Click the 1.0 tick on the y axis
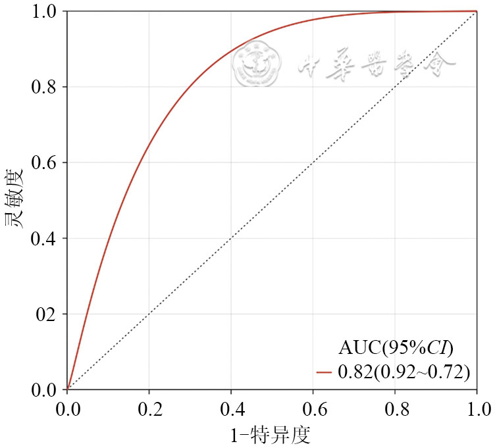coord(45,12)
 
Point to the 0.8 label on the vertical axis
coord(45,87)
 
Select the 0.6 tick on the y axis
coord(45,163)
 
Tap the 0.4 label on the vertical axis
coord(45,239)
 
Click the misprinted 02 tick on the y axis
coord(47,314)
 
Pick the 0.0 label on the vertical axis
coord(45,390)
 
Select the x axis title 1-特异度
coord(271,434)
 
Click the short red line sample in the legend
coord(325,372)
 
